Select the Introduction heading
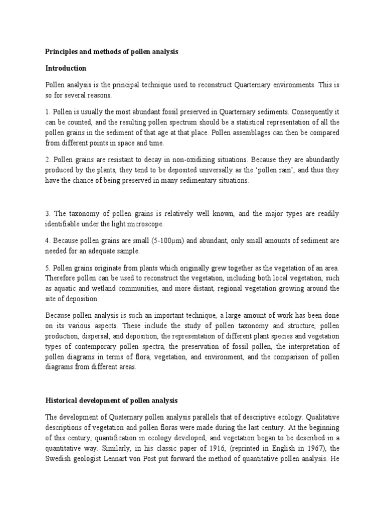pyautogui.click(x=66, y=68)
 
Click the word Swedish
pyautogui.click(x=59, y=458)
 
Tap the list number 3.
pyautogui.click(x=48, y=213)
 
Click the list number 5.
pyautogui.click(x=48, y=267)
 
